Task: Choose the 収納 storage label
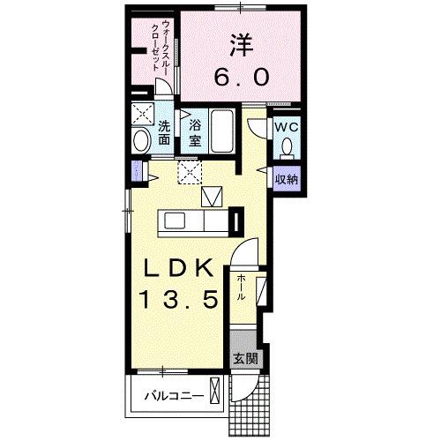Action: [x=286, y=179]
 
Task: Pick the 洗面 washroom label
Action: [x=165, y=132]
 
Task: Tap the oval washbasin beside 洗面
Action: [x=142, y=141]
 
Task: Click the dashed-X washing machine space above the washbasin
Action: [x=142, y=113]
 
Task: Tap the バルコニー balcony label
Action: [x=175, y=396]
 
